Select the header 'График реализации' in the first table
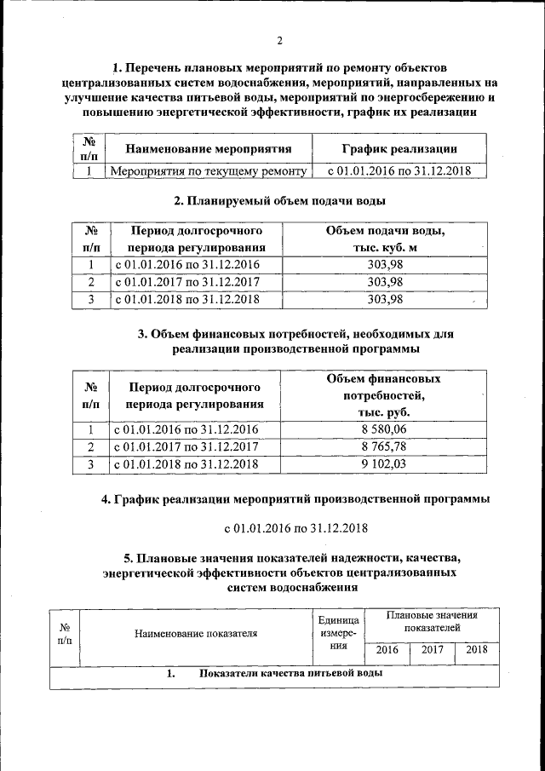click(x=399, y=149)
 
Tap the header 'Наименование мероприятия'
click(x=209, y=149)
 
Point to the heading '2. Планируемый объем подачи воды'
click(x=279, y=201)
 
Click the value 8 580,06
click(x=384, y=429)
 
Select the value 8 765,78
click(x=384, y=446)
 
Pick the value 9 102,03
click(x=384, y=464)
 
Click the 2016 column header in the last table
click(x=387, y=650)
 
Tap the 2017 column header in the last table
click(x=433, y=650)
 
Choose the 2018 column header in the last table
click(x=477, y=650)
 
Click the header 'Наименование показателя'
click(x=195, y=633)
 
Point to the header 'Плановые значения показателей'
click(x=432, y=620)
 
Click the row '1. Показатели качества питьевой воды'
click(x=274, y=674)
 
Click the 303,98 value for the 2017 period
click(x=384, y=281)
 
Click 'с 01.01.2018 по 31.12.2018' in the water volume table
click(x=186, y=299)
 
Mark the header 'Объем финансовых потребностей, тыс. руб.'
click(x=384, y=394)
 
